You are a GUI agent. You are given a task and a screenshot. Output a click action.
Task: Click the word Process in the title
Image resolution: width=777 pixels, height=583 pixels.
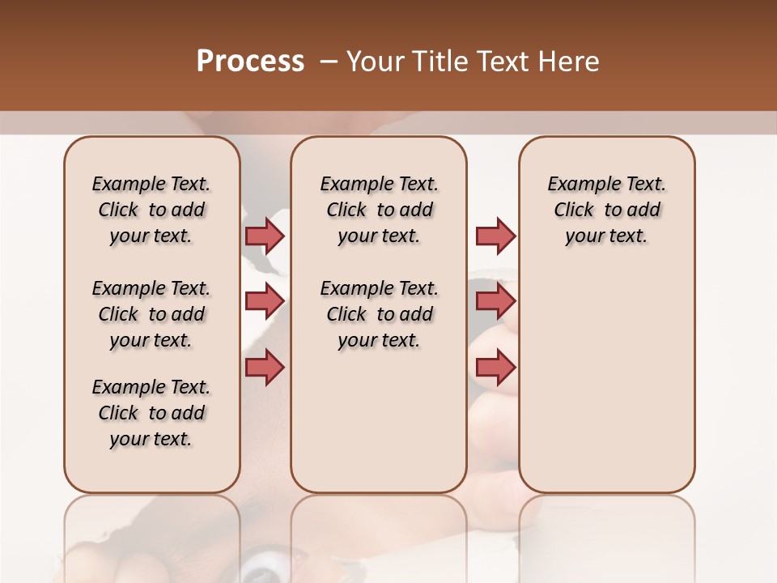[250, 62]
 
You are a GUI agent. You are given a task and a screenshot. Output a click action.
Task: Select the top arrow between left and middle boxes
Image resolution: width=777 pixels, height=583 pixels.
[265, 236]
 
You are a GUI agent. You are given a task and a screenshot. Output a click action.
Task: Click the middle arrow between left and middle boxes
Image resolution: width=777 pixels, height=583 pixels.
[265, 301]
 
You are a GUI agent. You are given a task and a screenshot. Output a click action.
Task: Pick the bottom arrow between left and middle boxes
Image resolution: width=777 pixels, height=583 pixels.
[265, 368]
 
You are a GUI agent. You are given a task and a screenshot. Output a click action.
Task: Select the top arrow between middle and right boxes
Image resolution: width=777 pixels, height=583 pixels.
[495, 236]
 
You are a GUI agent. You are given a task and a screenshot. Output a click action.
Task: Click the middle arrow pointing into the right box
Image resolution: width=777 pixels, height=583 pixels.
[495, 301]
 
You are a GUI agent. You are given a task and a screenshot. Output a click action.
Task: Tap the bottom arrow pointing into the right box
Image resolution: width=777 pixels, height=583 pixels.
[495, 368]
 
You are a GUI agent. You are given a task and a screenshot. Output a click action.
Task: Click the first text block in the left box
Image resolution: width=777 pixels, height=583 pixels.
[151, 210]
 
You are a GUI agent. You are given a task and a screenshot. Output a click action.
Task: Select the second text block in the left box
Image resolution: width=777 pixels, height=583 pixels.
[151, 314]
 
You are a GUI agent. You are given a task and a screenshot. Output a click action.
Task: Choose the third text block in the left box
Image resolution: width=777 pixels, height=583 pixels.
[151, 413]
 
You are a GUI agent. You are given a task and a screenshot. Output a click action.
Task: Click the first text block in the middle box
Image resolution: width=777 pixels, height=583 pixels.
[379, 210]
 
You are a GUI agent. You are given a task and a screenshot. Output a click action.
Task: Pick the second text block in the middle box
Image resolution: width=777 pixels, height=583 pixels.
[379, 314]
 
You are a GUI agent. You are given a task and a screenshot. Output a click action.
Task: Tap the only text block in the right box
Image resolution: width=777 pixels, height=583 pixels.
[607, 210]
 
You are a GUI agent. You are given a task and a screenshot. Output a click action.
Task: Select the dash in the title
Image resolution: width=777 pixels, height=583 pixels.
[328, 62]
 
